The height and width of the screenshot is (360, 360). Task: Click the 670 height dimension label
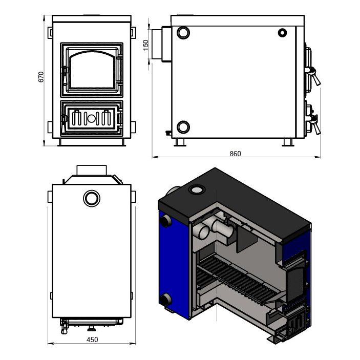coord(41,77)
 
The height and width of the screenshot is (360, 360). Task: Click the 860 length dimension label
coord(236,154)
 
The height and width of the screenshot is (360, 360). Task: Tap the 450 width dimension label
coord(92,340)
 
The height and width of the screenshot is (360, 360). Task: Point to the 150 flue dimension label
coord(146,45)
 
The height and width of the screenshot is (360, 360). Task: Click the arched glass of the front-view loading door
coord(92,70)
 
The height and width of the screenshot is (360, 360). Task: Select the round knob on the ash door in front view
coord(91,118)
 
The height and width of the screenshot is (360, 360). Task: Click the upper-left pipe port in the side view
coord(183,33)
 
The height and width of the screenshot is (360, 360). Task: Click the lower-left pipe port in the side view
coord(183,126)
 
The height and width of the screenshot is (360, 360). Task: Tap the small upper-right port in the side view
coord(282,33)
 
